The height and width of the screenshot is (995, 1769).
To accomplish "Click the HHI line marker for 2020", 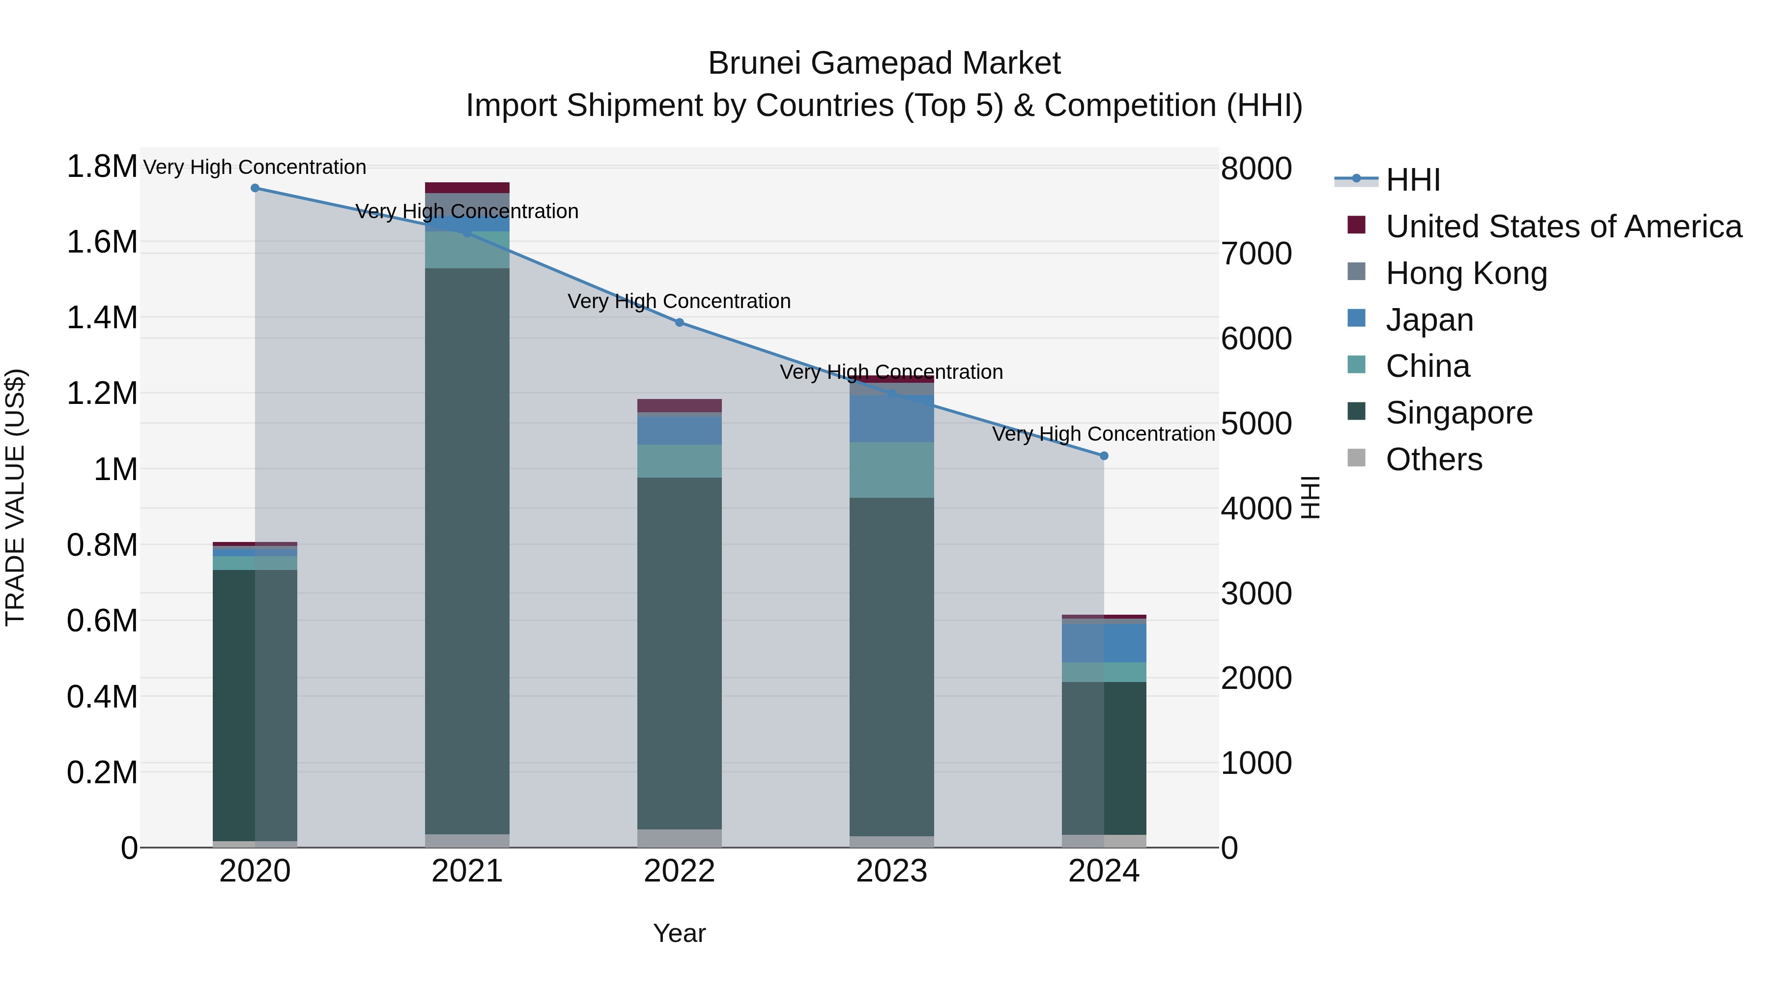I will click(x=255, y=188).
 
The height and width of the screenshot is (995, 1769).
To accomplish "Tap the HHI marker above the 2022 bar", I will click(x=679, y=322).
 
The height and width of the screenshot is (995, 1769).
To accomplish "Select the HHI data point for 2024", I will click(x=1104, y=455).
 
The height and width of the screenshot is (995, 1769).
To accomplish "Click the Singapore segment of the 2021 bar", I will click(x=467, y=549).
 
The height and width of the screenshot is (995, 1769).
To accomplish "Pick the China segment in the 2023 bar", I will click(x=891, y=470).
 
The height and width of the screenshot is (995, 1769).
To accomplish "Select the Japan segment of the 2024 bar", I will click(x=1104, y=643).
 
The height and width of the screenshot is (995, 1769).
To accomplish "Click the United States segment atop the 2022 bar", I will click(x=679, y=405).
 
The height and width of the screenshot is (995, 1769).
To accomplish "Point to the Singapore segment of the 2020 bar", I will click(x=255, y=704).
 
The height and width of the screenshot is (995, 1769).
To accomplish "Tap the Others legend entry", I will click(x=1433, y=459).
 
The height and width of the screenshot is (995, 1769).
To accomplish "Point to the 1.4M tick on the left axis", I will click(x=102, y=318).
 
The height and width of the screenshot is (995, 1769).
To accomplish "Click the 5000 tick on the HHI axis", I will click(x=1256, y=424).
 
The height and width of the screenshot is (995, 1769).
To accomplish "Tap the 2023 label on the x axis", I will click(x=891, y=871).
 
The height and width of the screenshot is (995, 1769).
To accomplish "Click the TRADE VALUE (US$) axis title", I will click(x=15, y=497).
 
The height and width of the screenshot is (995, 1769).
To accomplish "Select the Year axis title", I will click(x=679, y=933).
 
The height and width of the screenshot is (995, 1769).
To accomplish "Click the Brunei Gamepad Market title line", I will click(x=884, y=63).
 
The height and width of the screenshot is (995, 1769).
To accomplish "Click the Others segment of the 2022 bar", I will click(x=679, y=838).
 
